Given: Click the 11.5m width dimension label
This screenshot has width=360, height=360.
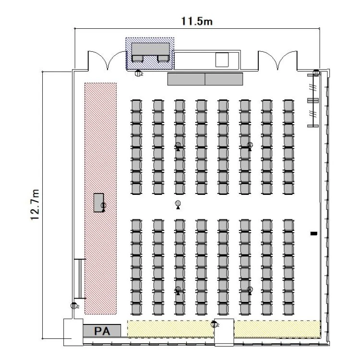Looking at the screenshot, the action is pyautogui.click(x=197, y=21).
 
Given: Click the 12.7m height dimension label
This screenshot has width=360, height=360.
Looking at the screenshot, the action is pyautogui.click(x=35, y=205).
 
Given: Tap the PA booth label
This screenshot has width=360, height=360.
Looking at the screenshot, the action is pyautogui.click(x=102, y=331).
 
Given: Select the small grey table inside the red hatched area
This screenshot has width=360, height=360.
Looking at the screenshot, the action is pyautogui.click(x=98, y=203).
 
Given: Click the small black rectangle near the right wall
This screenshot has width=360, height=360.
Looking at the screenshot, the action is pyautogui.click(x=314, y=233).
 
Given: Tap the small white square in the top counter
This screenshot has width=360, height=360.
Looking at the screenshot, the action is pyautogui.click(x=222, y=60).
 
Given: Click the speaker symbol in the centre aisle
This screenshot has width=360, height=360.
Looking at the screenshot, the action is pyautogui.click(x=178, y=204).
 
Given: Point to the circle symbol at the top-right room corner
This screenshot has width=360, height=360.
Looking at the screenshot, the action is pyautogui.click(x=316, y=73).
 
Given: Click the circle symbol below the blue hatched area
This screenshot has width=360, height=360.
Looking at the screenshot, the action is pyautogui.click(x=138, y=73).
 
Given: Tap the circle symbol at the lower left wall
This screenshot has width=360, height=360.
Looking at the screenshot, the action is pyautogui.click(x=74, y=306).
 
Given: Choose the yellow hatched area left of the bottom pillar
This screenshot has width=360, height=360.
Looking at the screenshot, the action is pyautogui.click(x=170, y=329).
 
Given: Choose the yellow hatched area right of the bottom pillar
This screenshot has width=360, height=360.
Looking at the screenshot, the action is pyautogui.click(x=277, y=329).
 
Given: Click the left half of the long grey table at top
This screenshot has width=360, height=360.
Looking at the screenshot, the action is pyautogui.click(x=186, y=79).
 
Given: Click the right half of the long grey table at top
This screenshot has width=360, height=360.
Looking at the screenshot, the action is pyautogui.click(x=224, y=79).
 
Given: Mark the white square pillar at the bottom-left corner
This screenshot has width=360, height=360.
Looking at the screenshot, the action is pyautogui.click(x=73, y=332).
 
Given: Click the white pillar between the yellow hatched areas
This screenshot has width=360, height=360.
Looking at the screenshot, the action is pyautogui.click(x=224, y=333).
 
